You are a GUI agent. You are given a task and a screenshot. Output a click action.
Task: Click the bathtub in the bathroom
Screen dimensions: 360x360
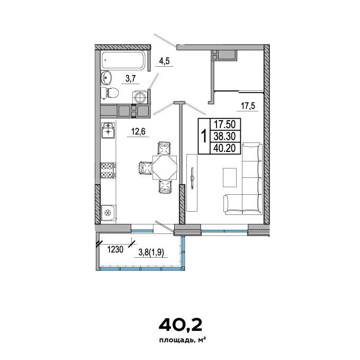(x=123, y=60)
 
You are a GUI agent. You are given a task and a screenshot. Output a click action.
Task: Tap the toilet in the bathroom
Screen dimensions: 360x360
(x=110, y=93)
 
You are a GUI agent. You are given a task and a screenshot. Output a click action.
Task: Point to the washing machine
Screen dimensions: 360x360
(x=140, y=97)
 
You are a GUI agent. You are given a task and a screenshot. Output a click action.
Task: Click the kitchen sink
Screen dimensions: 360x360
(x=108, y=130)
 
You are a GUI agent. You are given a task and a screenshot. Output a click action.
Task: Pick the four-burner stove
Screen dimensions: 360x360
(x=108, y=170)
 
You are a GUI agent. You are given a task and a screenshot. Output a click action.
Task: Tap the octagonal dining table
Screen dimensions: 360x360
(x=165, y=168)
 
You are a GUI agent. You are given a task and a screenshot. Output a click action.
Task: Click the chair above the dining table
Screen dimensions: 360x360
(x=165, y=148)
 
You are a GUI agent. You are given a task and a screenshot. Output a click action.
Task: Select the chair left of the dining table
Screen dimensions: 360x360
(x=146, y=168)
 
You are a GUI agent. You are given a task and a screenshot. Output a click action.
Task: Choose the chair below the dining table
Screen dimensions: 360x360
(x=165, y=186)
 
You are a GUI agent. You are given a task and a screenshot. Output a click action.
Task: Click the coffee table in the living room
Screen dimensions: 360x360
(x=230, y=177)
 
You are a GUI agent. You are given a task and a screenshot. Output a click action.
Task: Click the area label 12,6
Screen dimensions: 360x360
(x=138, y=132)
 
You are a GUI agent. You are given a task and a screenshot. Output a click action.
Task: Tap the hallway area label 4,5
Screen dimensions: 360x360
(x=165, y=61)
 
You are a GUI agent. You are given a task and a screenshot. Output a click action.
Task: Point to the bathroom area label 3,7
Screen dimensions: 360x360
(x=131, y=79)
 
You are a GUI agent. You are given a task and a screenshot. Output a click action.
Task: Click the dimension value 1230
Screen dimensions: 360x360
(x=115, y=249)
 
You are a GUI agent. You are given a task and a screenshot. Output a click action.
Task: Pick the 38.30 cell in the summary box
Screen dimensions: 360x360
(x=225, y=137)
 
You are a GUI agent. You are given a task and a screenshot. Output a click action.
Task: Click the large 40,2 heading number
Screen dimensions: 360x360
(x=181, y=325)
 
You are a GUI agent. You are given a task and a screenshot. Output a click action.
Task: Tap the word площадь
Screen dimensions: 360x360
(x=176, y=340)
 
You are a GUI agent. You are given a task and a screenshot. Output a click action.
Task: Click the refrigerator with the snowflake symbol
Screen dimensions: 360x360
(x=108, y=213)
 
